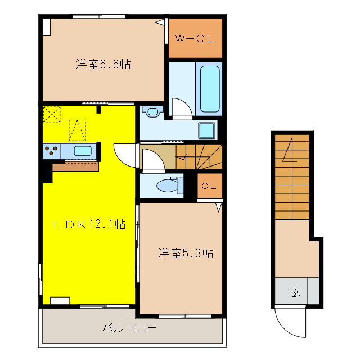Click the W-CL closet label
coord(195,39)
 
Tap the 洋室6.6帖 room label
coord(103,65)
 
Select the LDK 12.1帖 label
coord(89,224)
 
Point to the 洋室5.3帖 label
coord(185,253)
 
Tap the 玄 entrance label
coord(296,292)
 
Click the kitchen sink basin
coord(83,151)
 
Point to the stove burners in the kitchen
coord(52,151)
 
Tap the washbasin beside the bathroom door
coord(152,111)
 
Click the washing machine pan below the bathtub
coord(207,130)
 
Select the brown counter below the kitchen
coord(75,166)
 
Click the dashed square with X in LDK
coord(52,114)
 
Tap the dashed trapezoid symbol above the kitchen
coord(76,130)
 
